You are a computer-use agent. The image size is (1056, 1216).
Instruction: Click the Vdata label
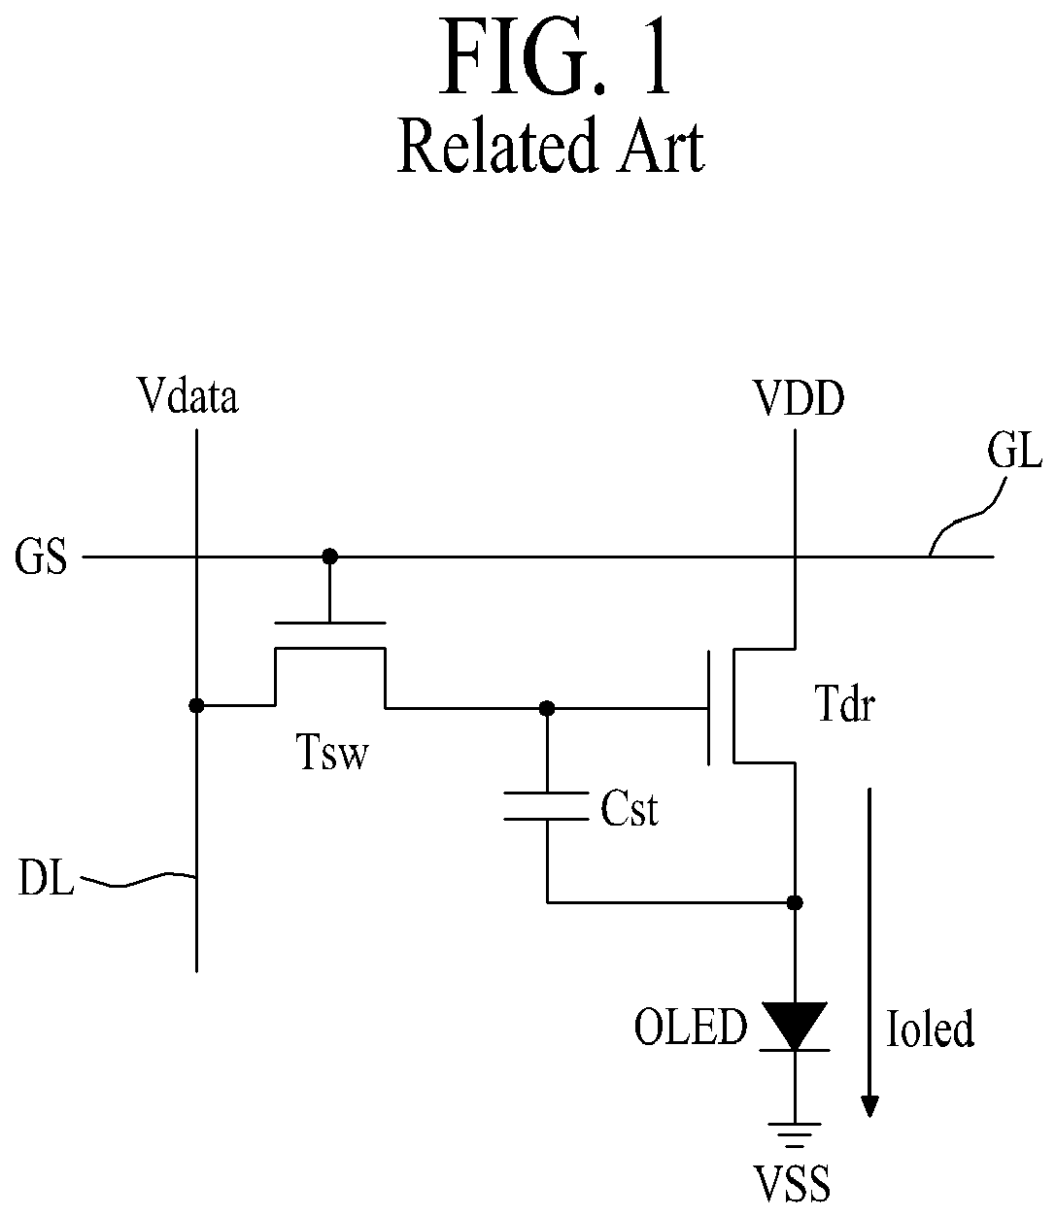pos(187,395)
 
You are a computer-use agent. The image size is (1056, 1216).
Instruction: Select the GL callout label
pos(1014,451)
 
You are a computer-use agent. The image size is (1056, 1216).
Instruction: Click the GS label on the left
pos(41,557)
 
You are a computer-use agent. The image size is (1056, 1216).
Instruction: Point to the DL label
pos(46,877)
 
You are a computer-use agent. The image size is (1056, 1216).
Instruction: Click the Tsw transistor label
pos(332,752)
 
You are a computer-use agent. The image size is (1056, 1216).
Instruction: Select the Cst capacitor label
pos(630,809)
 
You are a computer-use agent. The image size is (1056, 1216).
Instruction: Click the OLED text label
pos(690,1026)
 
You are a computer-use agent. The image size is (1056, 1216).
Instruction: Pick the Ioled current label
pos(930,1028)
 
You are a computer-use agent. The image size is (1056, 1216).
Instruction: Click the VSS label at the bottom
pos(792,1184)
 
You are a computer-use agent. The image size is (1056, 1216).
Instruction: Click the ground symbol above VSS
pos(795,1134)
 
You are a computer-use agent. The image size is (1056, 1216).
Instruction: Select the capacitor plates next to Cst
pos(546,806)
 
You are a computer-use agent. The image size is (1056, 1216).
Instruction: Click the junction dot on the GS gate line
pos(329,557)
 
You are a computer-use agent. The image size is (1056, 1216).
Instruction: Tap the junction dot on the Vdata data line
pos(196,706)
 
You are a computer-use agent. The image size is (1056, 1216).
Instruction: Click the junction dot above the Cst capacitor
pos(547,708)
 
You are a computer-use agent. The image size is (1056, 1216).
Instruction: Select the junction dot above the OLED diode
pos(795,903)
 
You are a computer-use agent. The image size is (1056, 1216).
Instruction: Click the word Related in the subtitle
pos(496,146)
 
